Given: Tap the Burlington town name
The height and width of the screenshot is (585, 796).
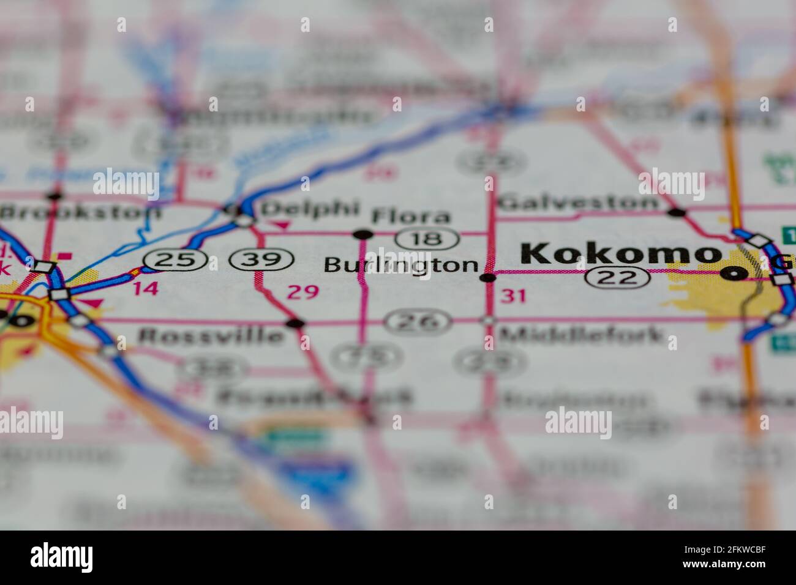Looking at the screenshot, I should tap(400, 265).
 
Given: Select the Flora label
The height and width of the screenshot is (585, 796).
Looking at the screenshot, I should tap(411, 216).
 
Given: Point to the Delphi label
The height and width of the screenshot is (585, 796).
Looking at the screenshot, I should tap(309, 209).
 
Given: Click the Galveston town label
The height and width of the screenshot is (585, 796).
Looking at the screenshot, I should tap(578, 203).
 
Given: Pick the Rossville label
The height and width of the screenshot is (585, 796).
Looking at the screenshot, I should tap(212, 335).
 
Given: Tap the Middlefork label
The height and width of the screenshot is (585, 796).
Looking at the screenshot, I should tap(581, 335).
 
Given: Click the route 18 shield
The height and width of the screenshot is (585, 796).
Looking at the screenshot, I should tap(427, 238).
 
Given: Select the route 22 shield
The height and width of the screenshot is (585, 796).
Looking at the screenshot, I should tap(618, 278).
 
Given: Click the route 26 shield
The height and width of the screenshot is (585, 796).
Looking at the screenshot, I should tap(419, 321).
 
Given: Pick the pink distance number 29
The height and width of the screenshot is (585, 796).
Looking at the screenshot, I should tap(302, 292).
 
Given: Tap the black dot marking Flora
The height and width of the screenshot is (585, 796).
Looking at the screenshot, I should tap(363, 234).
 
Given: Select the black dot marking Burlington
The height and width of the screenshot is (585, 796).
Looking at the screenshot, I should tap(487, 278).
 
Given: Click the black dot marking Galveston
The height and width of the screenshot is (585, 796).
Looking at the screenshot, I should tap(676, 212).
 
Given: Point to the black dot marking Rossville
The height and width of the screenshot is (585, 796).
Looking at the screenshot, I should tap(296, 322).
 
